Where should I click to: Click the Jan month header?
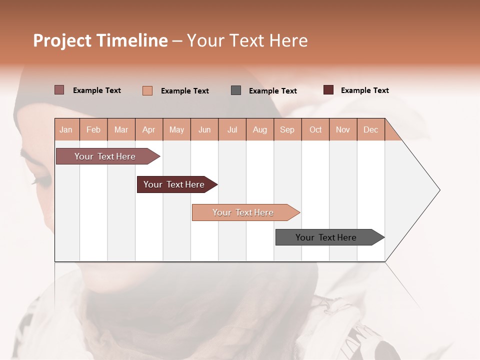click(66, 129)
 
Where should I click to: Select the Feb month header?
click(93, 129)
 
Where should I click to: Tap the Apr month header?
click(148, 129)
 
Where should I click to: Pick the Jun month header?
click(204, 129)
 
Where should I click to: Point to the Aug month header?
click(260, 129)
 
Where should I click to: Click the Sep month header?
click(287, 129)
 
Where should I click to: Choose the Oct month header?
click(315, 129)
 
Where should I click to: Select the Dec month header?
click(370, 129)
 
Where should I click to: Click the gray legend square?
click(236, 90)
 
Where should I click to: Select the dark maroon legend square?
click(328, 90)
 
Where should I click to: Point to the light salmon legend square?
click(147, 90)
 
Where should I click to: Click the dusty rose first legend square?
click(59, 90)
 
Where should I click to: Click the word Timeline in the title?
click(132, 40)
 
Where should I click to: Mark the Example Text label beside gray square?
click(272, 91)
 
